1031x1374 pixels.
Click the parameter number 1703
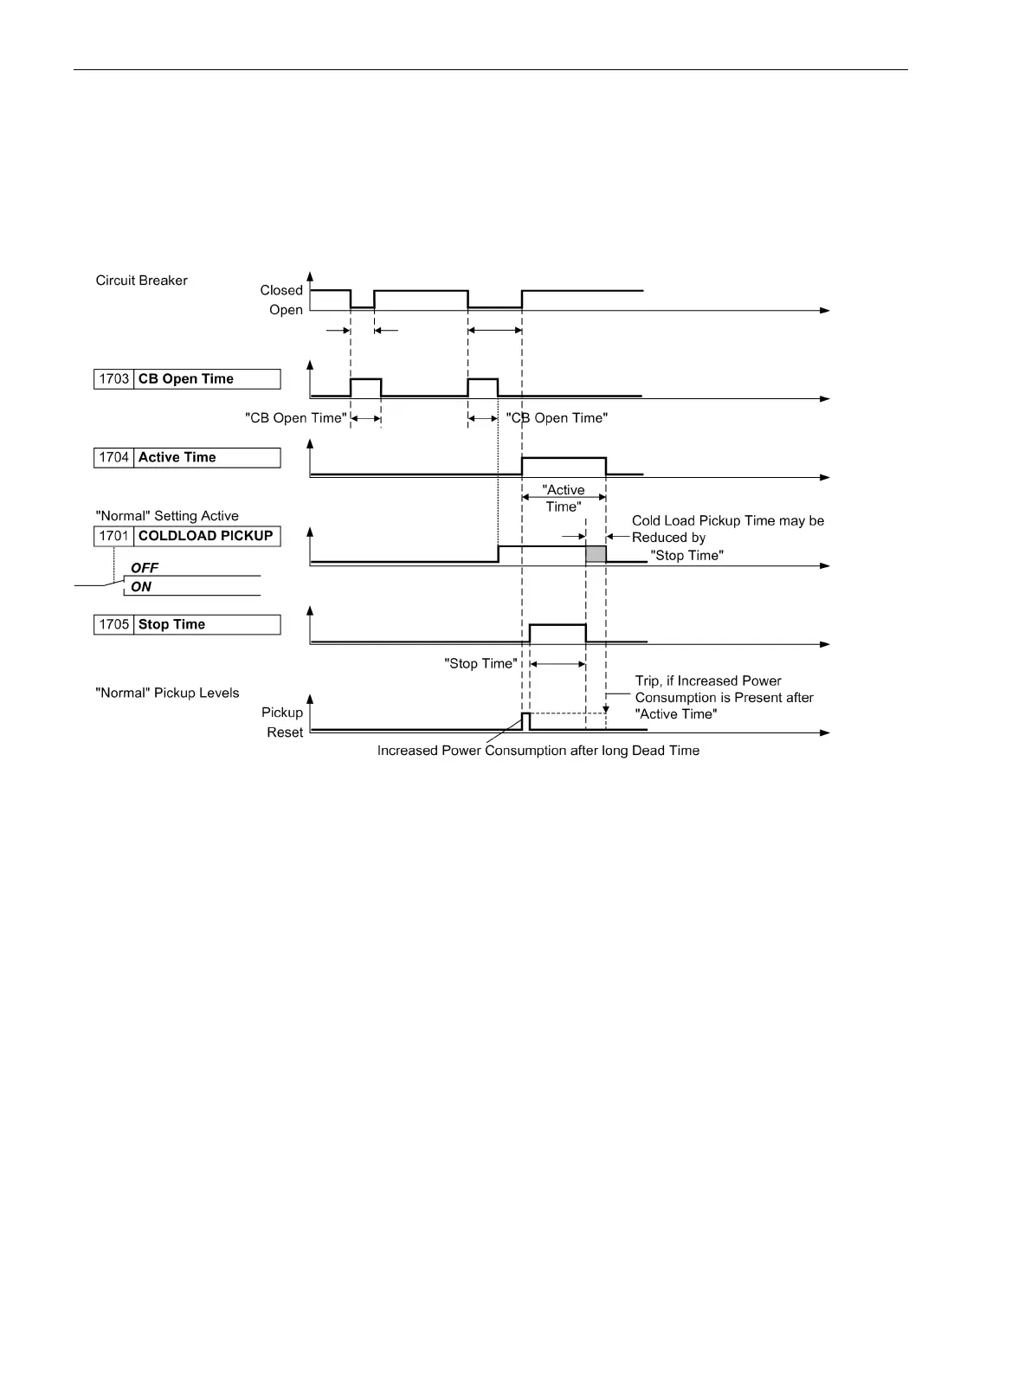(114, 379)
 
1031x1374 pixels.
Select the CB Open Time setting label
(186, 379)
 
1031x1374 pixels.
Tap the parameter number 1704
(114, 458)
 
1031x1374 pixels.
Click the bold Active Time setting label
(177, 458)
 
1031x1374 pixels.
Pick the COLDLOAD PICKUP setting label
(206, 536)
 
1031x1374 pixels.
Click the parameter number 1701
(114, 536)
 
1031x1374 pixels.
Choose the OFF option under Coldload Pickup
(145, 569)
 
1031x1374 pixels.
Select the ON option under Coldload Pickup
(141, 587)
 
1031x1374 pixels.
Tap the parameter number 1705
(114, 625)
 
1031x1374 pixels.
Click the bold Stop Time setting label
(171, 625)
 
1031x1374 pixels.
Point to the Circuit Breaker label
(142, 281)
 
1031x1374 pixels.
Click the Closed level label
(281, 291)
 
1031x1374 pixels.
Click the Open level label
(286, 310)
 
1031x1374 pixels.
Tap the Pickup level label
(282, 713)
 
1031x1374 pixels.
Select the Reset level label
(285, 732)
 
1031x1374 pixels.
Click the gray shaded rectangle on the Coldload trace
(596, 554)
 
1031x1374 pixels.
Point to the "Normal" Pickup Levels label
(167, 693)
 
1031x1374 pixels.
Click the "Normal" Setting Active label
(167, 516)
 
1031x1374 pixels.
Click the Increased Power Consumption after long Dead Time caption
(538, 751)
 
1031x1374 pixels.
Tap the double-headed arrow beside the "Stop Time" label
(557, 664)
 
